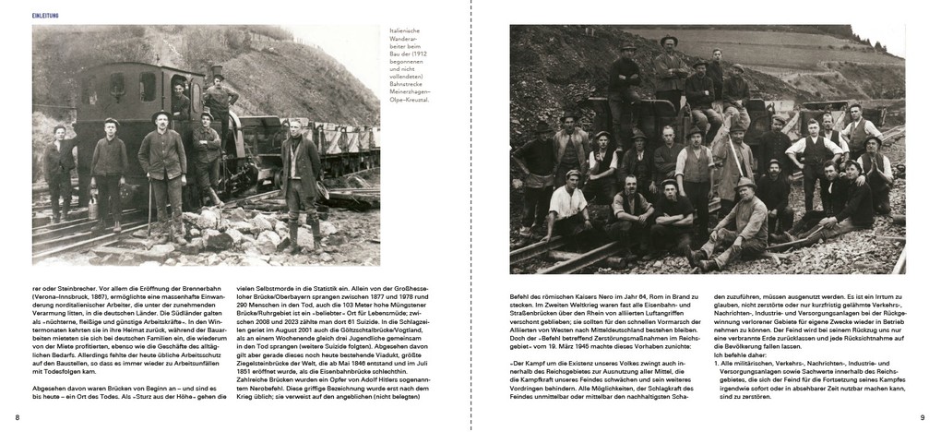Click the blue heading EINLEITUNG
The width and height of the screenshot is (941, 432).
47,16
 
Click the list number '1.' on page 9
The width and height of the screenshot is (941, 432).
718,366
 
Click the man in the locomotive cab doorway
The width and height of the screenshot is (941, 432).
178,97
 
